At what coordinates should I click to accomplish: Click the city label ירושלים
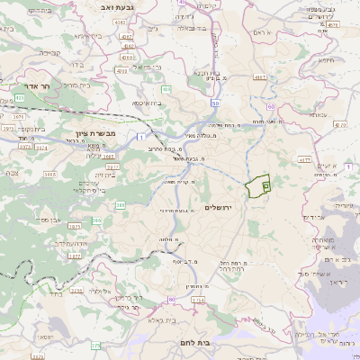(219, 208)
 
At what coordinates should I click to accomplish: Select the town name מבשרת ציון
(85, 132)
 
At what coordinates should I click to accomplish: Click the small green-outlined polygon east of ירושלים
(258, 184)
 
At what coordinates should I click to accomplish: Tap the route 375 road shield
(96, 345)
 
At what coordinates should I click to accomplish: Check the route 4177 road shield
(303, 159)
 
